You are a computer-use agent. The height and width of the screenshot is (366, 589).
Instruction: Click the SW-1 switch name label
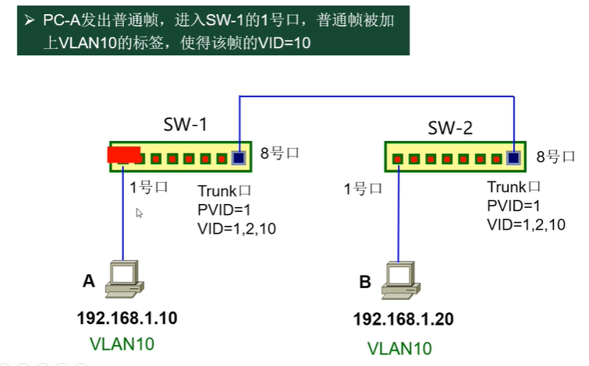coord(186,125)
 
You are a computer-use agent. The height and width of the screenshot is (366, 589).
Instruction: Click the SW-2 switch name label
coord(450,128)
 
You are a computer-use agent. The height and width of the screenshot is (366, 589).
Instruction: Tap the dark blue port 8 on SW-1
coord(239,158)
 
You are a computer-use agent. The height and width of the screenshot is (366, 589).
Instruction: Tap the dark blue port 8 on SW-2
coord(513,158)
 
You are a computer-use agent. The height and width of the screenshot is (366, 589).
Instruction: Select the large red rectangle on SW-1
coord(124,154)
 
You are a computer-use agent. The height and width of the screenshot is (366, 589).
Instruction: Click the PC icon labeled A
coord(124,279)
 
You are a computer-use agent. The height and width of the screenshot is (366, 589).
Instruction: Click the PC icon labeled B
coord(401,280)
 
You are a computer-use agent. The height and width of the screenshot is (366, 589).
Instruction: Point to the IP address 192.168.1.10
coord(127,318)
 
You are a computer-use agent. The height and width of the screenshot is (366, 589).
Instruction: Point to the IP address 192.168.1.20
coord(403,319)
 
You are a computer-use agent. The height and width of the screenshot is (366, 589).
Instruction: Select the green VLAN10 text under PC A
coord(122,344)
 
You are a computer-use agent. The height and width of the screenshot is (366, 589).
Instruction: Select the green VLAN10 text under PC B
coord(399,348)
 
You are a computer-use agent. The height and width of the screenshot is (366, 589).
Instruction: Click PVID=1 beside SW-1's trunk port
coord(224,210)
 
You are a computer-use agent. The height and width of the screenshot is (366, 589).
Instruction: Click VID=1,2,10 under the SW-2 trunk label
coord(526,225)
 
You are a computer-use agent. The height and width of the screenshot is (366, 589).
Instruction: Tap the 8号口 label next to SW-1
coord(279,153)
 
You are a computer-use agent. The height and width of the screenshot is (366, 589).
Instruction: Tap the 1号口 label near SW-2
coord(363,188)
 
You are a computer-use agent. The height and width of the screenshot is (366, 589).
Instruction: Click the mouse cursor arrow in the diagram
coord(139,213)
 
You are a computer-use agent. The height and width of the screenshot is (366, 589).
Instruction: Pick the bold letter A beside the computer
coord(89,281)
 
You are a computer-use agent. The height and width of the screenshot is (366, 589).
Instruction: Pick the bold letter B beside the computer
coord(365,282)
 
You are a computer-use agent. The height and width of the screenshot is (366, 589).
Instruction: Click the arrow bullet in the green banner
coord(30,20)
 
